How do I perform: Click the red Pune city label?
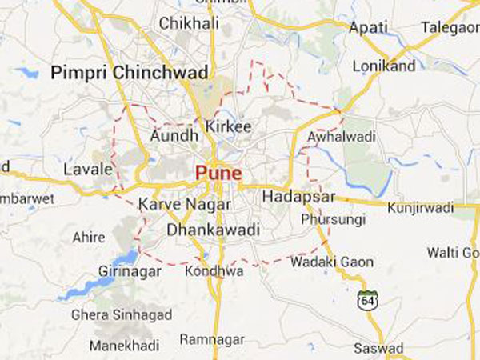tap(218, 172)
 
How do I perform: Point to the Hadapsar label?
tap(295, 197)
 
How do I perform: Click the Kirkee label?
tap(228, 127)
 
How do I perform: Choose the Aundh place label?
tap(174, 136)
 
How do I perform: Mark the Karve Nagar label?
tap(173, 205)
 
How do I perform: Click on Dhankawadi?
tap(214, 230)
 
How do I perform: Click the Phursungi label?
tap(334, 218)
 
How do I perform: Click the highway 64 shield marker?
tap(366, 300)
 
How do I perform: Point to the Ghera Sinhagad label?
tap(122, 314)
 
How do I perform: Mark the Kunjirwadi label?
tap(420, 207)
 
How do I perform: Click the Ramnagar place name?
tap(211, 339)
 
